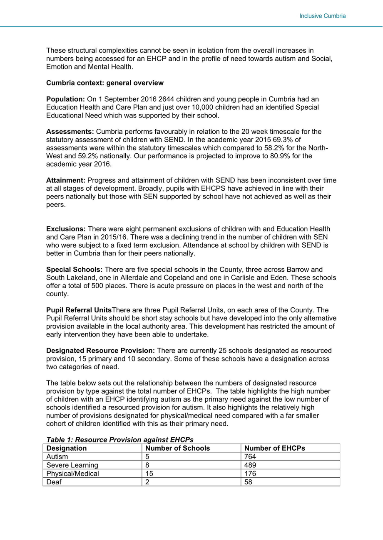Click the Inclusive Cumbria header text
coord(322,16)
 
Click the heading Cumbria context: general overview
coord(104,83)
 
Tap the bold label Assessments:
coord(70,132)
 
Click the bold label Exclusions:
coord(66,229)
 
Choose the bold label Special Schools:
coord(75,270)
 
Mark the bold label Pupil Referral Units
coord(79,310)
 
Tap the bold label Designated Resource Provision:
coord(100,351)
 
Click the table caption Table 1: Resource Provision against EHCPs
coord(120,439)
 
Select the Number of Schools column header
coord(177,448)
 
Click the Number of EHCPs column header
coord(274,448)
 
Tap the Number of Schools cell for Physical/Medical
coord(149,474)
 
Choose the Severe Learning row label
coord(72,465)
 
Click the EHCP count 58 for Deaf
coord(249,482)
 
